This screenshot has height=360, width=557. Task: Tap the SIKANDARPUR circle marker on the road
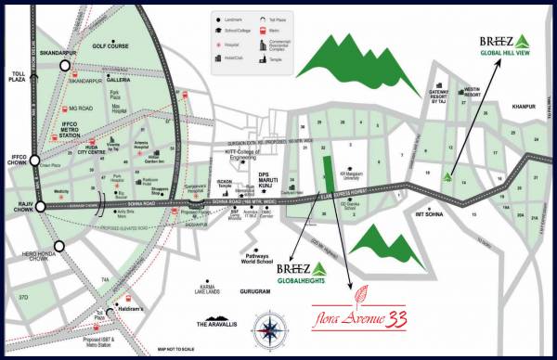tap(65, 66)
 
